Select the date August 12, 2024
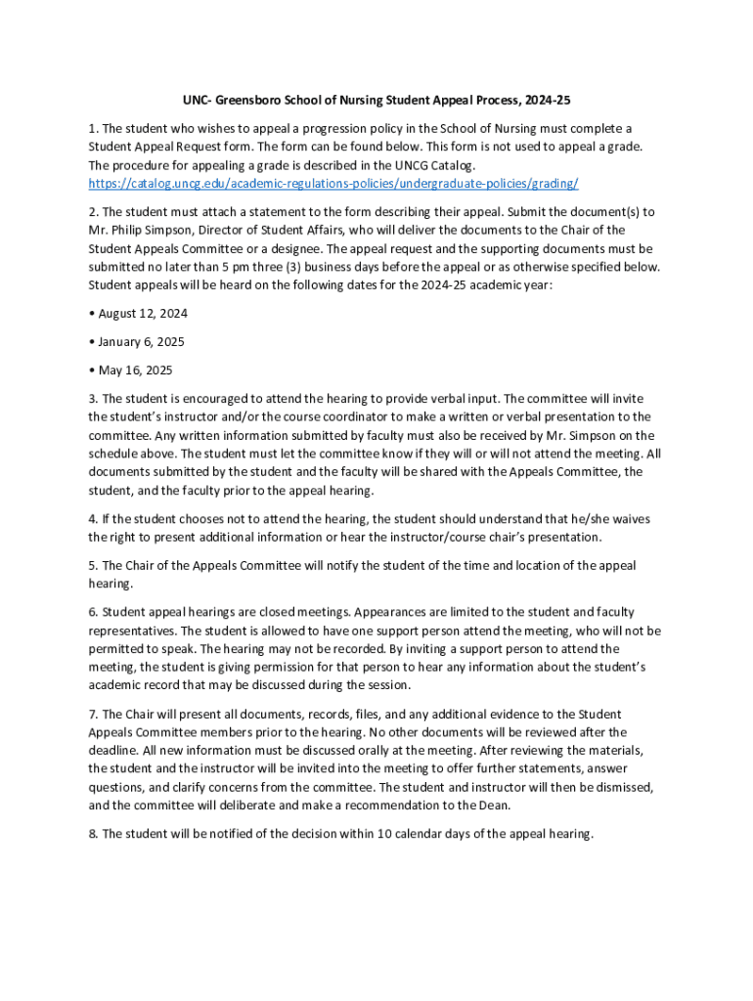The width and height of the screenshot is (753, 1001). tap(142, 314)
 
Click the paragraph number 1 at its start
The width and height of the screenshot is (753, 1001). tap(93, 128)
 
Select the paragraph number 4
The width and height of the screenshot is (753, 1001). tap(93, 519)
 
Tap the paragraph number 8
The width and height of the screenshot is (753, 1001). tap(93, 834)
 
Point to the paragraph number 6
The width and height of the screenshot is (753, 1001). tap(93, 612)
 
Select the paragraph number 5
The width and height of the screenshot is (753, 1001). tap(93, 566)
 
